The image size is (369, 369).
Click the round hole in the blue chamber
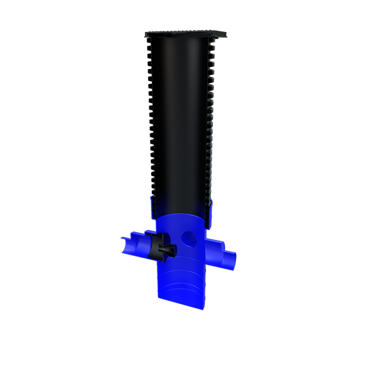click(190, 237)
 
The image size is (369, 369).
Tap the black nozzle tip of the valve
click(173, 250)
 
